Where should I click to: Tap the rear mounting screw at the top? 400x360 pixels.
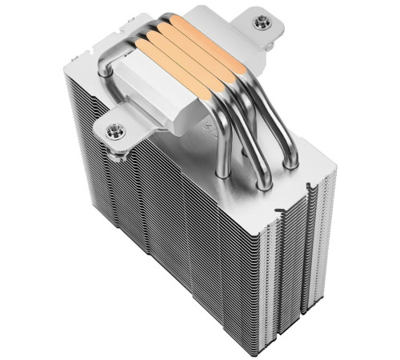click(x=260, y=23)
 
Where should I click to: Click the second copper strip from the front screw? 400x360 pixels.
click(x=174, y=54)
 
